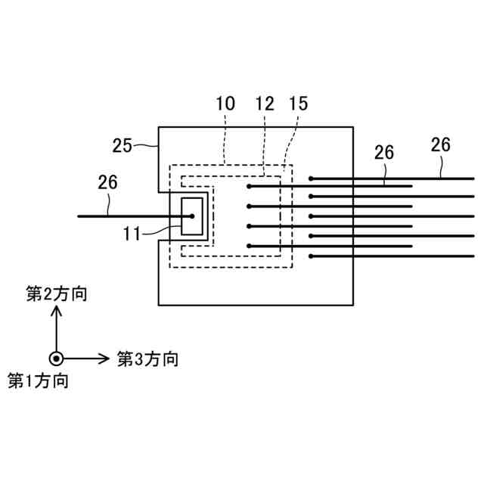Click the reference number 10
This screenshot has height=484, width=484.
[x=225, y=104]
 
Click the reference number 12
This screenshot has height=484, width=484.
[x=264, y=104]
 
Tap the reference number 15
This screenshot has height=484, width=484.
[x=298, y=104]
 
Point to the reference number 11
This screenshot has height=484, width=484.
[x=133, y=234]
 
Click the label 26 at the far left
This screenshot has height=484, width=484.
[x=109, y=181]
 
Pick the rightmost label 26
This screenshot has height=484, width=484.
[x=440, y=144]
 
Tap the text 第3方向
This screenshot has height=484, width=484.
[x=147, y=358]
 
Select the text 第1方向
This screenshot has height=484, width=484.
[x=38, y=380]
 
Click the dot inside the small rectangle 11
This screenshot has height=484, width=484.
[x=192, y=216]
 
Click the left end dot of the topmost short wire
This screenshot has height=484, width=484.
[x=250, y=186]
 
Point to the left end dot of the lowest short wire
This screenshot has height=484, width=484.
[x=250, y=246]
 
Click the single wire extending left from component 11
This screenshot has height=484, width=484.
[x=121, y=216]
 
